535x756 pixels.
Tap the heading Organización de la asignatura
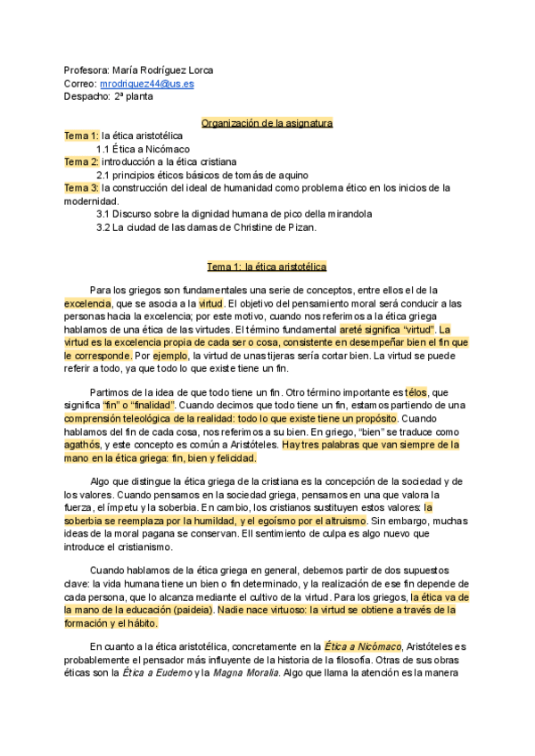267,122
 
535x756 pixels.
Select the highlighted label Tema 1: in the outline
81,136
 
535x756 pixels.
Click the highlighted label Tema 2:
81,161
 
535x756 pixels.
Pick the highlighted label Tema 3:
81,188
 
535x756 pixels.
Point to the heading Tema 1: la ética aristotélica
267,267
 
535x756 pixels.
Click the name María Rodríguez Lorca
164,70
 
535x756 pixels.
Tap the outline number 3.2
103,227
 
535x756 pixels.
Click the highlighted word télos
416,391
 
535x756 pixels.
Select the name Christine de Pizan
270,227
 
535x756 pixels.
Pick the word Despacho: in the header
86,96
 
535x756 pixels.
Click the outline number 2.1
103,175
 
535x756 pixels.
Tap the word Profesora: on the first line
86,70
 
